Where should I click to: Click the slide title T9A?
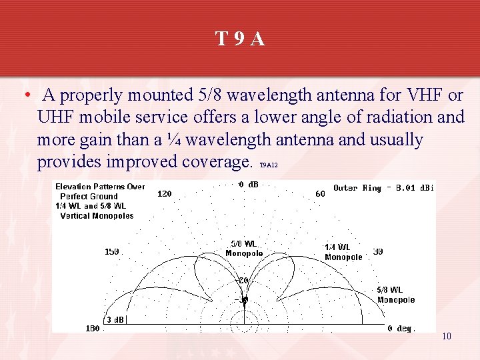[x=240, y=39]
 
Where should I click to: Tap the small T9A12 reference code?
[x=268, y=165]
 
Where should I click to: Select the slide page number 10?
[x=447, y=336]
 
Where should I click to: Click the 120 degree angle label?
[x=164, y=194]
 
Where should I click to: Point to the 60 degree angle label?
[x=320, y=194]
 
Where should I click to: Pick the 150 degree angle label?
[x=112, y=252]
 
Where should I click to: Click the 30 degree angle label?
[x=378, y=252]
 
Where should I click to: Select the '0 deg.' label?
[x=401, y=329]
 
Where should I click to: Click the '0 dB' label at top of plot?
[x=249, y=185]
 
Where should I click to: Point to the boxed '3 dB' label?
[x=115, y=319]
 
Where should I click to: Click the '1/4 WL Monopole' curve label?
[x=343, y=252]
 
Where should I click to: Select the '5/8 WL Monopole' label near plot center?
[x=244, y=248]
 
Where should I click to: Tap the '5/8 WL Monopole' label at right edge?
[x=396, y=295]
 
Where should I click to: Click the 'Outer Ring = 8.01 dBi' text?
[x=383, y=188]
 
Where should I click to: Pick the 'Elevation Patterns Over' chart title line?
[x=100, y=187]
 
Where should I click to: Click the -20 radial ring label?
[x=243, y=281]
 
